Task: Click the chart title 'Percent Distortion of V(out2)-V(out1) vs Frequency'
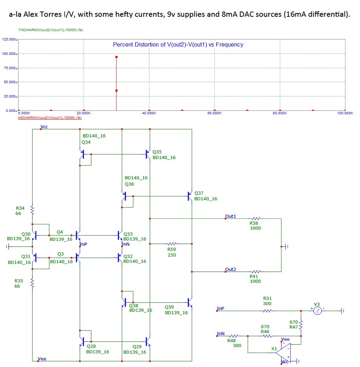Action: (x=178, y=45)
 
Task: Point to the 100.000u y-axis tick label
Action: (x=10, y=53)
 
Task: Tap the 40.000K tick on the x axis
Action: (x=149, y=113)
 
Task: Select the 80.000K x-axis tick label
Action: (x=280, y=113)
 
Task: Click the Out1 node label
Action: (x=231, y=216)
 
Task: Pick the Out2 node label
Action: (x=231, y=269)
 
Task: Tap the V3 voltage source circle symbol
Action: (x=317, y=311)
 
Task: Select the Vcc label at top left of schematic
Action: (x=44, y=127)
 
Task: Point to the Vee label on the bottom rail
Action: (x=42, y=358)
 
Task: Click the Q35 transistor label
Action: (x=157, y=152)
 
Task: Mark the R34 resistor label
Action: (x=20, y=208)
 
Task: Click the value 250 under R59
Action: (x=172, y=255)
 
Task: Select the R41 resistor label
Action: (x=254, y=276)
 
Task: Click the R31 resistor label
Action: (x=267, y=298)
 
